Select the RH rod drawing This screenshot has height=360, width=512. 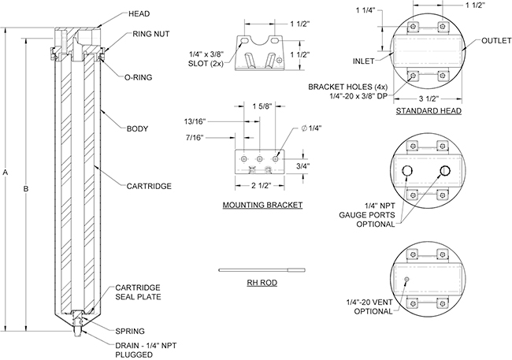point(262,269)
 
